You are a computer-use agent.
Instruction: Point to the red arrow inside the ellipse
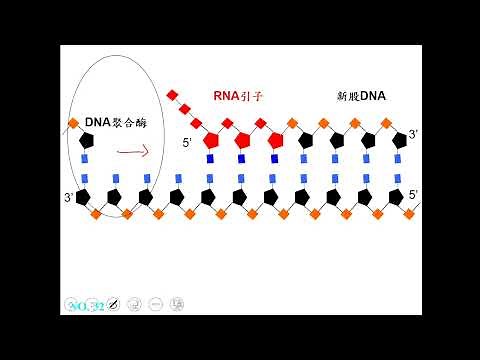tap(132, 153)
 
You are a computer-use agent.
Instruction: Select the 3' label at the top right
tap(414, 134)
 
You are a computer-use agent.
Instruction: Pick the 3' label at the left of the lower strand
tap(69, 198)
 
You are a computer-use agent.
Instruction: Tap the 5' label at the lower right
tap(414, 194)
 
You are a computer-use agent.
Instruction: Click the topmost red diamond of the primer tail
tap(172, 94)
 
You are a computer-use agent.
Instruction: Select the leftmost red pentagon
tap(211, 139)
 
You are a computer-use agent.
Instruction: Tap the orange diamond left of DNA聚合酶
tap(73, 123)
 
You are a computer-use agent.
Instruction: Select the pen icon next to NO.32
tap(113, 304)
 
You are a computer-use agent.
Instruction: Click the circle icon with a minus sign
tap(155, 304)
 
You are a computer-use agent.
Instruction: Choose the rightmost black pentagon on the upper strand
tap(397, 140)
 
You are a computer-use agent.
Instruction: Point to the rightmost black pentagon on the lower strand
tap(395, 197)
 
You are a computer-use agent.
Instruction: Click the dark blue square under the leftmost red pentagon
tap(211, 158)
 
